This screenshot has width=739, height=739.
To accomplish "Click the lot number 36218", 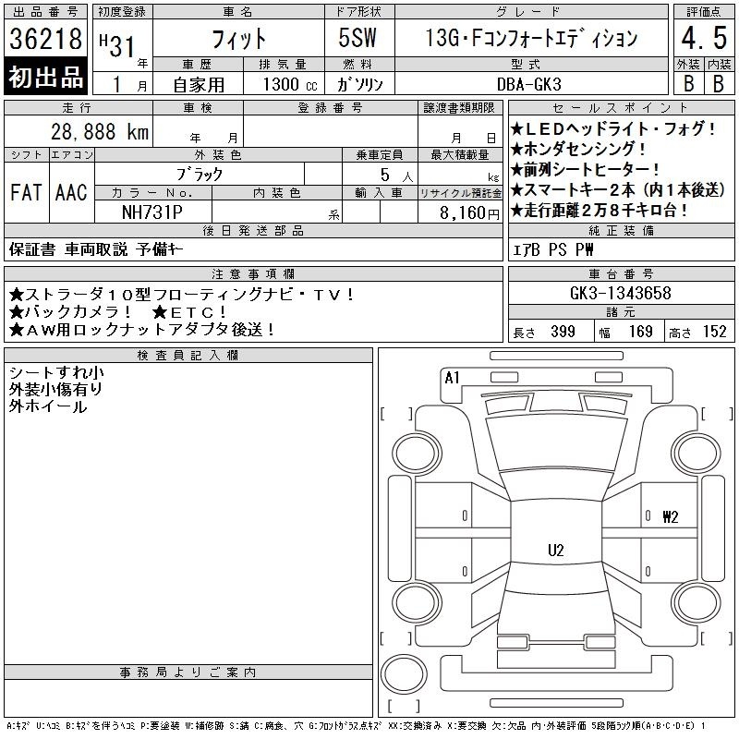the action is click(x=45, y=39).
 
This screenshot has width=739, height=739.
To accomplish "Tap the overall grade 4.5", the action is click(x=704, y=38).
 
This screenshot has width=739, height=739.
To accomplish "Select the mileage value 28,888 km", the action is click(x=100, y=132).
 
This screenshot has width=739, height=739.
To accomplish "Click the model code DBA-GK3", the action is click(x=529, y=84).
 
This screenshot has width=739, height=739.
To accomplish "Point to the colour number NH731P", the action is click(x=152, y=212).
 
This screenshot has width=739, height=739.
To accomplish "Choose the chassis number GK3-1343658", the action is click(x=621, y=293).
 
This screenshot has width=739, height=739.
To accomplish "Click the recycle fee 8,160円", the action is click(x=469, y=213).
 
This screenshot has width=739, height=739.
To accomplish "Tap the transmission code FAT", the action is click(x=27, y=192).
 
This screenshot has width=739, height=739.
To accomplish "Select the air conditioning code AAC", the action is click(x=71, y=192).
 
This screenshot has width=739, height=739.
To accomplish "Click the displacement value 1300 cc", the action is click(x=290, y=84).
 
